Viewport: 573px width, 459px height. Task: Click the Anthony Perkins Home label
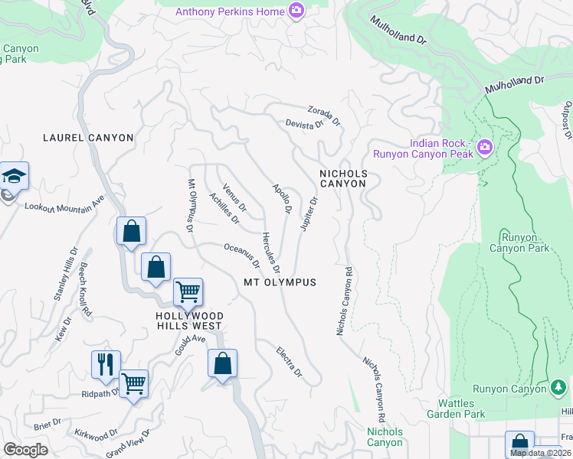pyautogui.click(x=230, y=11)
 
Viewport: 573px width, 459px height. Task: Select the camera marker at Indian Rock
pyautogui.click(x=484, y=146)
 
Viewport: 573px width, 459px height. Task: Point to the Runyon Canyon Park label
pyautogui.click(x=525, y=243)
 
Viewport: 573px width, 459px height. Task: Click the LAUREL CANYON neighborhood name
pyautogui.click(x=88, y=138)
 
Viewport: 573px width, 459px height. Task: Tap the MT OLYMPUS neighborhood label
pyautogui.click(x=280, y=282)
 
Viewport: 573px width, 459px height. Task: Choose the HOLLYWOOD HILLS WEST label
pyautogui.click(x=190, y=321)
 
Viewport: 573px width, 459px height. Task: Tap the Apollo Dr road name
pyautogui.click(x=283, y=198)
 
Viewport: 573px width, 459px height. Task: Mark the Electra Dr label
pyautogui.click(x=289, y=362)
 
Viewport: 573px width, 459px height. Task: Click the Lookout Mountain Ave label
pyautogui.click(x=64, y=205)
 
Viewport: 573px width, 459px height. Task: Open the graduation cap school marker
pyautogui.click(x=14, y=177)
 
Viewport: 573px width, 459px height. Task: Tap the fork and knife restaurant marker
pyautogui.click(x=106, y=364)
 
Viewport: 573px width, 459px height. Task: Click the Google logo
pyautogui.click(x=25, y=450)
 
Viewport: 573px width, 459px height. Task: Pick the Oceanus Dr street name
pyautogui.click(x=241, y=256)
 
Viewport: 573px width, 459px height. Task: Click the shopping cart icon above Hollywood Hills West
pyautogui.click(x=188, y=291)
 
